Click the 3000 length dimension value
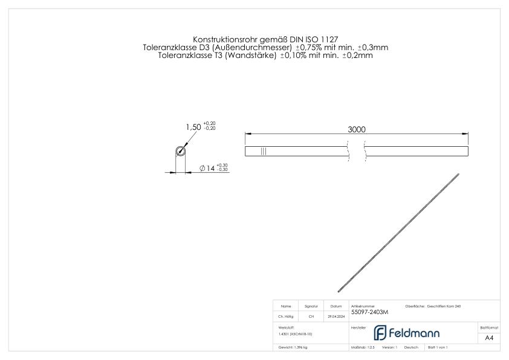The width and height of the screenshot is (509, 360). pos(357,129)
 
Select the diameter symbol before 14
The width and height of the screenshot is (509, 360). pos(202,169)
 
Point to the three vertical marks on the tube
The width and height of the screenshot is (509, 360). pos(264,151)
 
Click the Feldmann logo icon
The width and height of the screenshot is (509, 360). pos(381,333)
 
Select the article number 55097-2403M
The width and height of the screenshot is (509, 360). pos(369,312)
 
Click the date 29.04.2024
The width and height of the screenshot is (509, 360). pos(336,316)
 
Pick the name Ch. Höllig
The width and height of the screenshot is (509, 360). pos(287,316)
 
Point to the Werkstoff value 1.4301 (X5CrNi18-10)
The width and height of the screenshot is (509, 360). pos(296,333)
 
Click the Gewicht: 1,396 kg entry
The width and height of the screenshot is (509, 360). pos(293,347)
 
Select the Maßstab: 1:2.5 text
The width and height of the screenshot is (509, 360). pos(363,347)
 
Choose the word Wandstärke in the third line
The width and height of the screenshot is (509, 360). pos(250,55)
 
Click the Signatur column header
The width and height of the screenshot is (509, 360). pos(311,307)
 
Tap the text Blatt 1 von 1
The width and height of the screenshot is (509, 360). pos(438,347)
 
